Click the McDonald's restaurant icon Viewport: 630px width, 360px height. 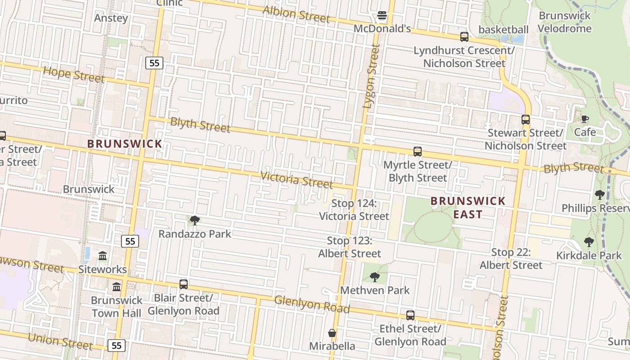382,16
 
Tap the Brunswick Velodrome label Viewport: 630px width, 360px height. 565,22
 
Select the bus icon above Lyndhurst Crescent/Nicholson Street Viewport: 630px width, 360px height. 464,37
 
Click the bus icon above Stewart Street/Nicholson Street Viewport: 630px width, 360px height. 525,120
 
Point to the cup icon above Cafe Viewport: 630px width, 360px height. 585,119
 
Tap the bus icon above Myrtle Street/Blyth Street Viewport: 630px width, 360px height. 417,152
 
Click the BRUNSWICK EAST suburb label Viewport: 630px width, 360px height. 468,207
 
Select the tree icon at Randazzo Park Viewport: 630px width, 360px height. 194,220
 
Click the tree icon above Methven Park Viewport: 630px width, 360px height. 374,277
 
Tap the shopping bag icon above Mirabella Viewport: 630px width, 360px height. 332,333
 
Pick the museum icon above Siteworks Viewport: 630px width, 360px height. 103,256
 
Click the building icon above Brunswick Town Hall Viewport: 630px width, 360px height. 117,287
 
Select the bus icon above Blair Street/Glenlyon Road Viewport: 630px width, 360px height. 183,284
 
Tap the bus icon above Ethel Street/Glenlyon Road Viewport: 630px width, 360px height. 410,315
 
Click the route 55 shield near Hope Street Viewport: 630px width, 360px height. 154,63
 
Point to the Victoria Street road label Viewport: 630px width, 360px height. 297,180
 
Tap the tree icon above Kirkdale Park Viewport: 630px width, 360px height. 589,242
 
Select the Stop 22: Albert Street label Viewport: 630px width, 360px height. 511,259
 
